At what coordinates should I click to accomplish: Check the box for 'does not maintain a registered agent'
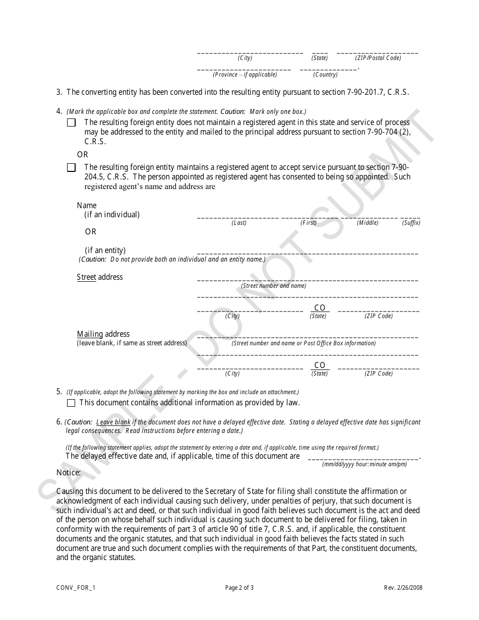[72, 122]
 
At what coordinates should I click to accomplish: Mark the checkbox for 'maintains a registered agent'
[72, 168]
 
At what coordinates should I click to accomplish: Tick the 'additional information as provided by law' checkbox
[71, 403]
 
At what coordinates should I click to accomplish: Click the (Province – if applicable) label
[245, 75]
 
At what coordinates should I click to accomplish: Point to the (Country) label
[325, 75]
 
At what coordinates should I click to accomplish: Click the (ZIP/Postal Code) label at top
[378, 58]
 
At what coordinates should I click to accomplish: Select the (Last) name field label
[239, 223]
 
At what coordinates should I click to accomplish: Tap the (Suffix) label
[411, 223]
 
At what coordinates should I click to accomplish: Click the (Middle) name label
[368, 223]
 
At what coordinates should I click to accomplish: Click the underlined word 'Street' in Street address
[86, 277]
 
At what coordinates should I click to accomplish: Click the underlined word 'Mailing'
[90, 334]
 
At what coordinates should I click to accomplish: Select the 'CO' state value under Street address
[320, 308]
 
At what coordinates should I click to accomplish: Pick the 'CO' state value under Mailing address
[320, 365]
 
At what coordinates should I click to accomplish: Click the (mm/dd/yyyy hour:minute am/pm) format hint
[364, 464]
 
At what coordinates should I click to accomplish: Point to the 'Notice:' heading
[69, 473]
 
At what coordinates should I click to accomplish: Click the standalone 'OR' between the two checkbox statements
[82, 155]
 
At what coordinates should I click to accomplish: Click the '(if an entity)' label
[105, 251]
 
